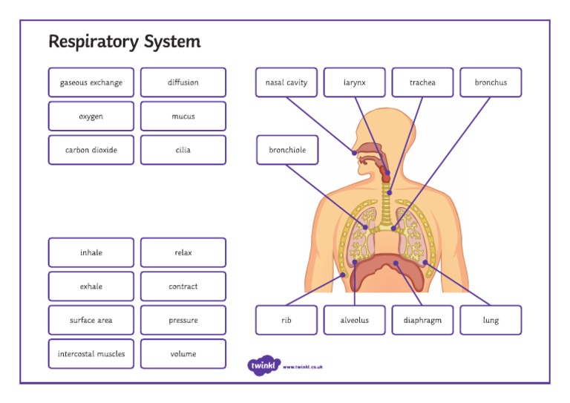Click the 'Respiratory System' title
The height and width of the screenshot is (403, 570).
tap(124, 42)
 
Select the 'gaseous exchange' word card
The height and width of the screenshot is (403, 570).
tap(91, 82)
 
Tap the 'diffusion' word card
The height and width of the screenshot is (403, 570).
tap(183, 82)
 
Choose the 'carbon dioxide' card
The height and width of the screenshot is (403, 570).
tap(91, 150)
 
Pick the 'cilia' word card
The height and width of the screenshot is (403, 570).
tap(183, 150)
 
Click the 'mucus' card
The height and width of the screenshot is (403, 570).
tap(183, 117)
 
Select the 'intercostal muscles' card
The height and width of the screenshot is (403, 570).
tap(91, 354)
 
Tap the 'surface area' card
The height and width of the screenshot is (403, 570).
tap(91, 321)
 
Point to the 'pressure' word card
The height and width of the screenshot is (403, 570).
tap(183, 321)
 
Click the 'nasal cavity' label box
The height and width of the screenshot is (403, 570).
tap(286, 82)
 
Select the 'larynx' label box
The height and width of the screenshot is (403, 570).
tap(354, 82)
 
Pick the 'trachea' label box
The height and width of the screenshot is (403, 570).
tap(422, 82)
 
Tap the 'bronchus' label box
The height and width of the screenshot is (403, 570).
tap(491, 82)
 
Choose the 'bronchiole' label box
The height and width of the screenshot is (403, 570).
tap(286, 150)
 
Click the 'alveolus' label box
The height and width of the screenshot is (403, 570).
tap(354, 321)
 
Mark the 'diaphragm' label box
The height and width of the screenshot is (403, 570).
tap(422, 321)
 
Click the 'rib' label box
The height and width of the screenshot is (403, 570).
tap(286, 321)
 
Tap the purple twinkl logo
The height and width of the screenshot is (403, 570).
tap(263, 365)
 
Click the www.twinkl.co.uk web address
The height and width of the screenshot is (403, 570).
tap(303, 367)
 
